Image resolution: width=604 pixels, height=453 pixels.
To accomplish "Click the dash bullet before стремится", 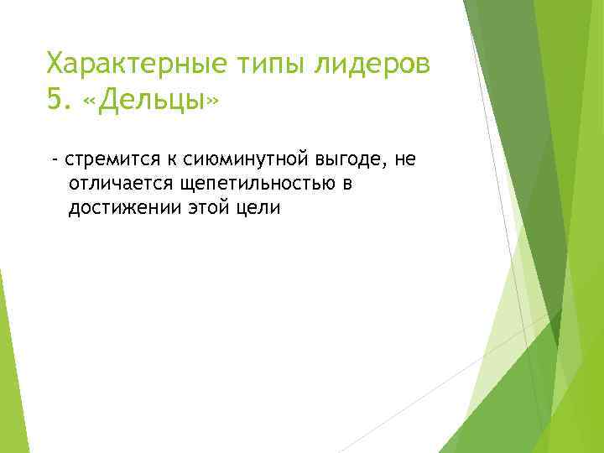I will tap(54, 159).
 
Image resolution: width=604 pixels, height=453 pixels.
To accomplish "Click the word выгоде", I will tap(346, 159).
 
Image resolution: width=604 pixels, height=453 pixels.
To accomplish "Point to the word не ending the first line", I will tap(406, 159).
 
